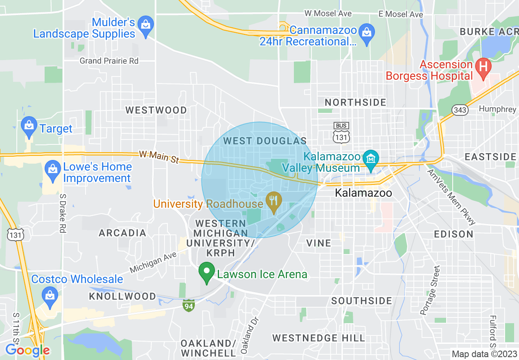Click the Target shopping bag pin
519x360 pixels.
point(29,126)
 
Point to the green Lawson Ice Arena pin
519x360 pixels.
point(207,272)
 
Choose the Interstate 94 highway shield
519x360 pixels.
point(188,306)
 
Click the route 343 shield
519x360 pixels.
point(460,109)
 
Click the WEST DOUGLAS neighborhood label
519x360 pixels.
point(265,141)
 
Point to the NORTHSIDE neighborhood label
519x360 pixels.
point(355,102)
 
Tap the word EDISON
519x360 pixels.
point(454,234)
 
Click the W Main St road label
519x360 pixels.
point(159,157)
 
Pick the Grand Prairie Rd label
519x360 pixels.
point(109,61)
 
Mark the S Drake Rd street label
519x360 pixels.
point(63,213)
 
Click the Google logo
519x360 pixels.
point(27,351)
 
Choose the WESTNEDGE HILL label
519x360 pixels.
point(318,338)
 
